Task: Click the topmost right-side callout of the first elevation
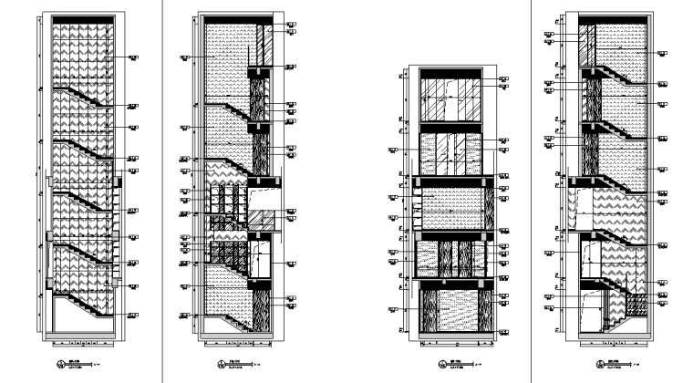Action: click(132, 57)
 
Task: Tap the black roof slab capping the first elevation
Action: click(82, 18)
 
